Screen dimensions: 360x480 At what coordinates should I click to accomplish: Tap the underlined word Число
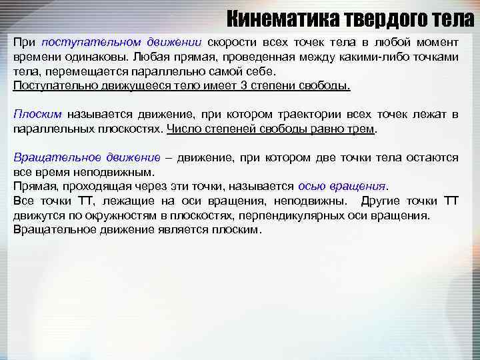coord(182,129)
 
